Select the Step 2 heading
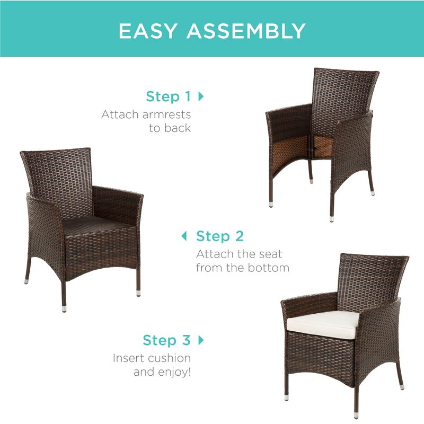[220, 236]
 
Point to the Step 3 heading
[166, 340]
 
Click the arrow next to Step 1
[201, 96]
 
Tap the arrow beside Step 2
[184, 236]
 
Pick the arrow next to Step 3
[201, 340]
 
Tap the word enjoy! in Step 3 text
[174, 372]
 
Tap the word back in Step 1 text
[178, 128]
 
